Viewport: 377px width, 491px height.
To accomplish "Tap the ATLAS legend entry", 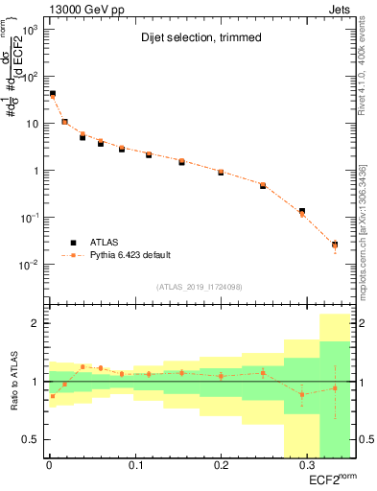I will pos(105,243).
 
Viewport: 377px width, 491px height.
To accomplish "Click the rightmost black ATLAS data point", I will pos(335,245).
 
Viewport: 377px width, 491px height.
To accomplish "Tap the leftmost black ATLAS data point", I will pos(52,94).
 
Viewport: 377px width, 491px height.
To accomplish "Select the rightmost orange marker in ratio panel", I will pos(335,388).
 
